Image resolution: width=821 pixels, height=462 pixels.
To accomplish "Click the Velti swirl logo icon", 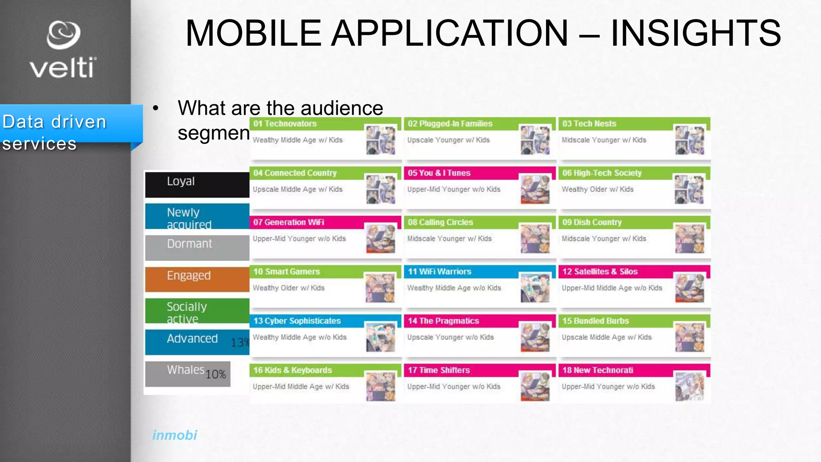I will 63,35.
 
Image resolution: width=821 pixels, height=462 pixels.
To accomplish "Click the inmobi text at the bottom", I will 174,435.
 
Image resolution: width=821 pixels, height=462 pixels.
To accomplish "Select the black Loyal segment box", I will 197,184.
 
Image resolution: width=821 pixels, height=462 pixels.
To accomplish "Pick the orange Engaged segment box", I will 197,279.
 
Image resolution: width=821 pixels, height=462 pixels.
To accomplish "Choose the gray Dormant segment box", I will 197,247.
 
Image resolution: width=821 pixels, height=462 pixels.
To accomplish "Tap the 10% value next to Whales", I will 216,375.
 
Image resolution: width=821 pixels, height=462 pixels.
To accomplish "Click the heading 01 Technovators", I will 285,124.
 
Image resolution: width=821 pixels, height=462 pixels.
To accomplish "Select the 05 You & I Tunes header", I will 439,173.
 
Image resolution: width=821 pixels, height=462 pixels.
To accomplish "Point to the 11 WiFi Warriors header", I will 439,272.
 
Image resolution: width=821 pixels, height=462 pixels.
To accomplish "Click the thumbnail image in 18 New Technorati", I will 690,387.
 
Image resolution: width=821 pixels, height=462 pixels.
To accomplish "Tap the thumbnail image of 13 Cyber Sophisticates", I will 380,337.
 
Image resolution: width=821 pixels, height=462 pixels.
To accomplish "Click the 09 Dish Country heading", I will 592,222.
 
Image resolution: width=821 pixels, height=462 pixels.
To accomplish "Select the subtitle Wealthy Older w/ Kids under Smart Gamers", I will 289,288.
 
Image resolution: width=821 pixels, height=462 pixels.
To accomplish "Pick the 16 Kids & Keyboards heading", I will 293,370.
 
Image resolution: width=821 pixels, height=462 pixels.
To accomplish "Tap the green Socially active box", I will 197,311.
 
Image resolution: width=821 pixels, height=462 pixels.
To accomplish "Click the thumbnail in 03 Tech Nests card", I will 690,140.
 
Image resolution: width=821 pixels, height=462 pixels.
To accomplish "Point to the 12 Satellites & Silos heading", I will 600,272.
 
